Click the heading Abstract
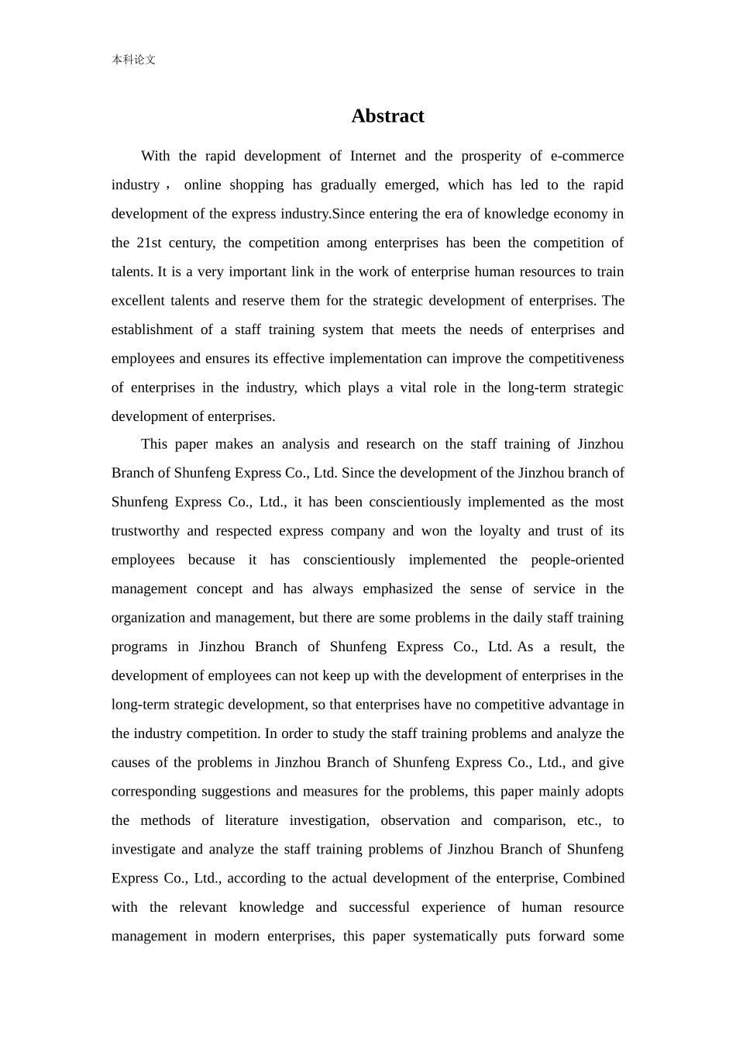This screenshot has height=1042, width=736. pos(387,116)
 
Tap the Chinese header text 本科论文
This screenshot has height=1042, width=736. pos(133,60)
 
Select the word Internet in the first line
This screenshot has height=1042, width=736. pos(373,156)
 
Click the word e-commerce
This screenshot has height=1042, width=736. pos(586,156)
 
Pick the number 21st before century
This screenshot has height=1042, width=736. pos(149,243)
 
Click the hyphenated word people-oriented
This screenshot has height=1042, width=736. pos(577,560)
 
